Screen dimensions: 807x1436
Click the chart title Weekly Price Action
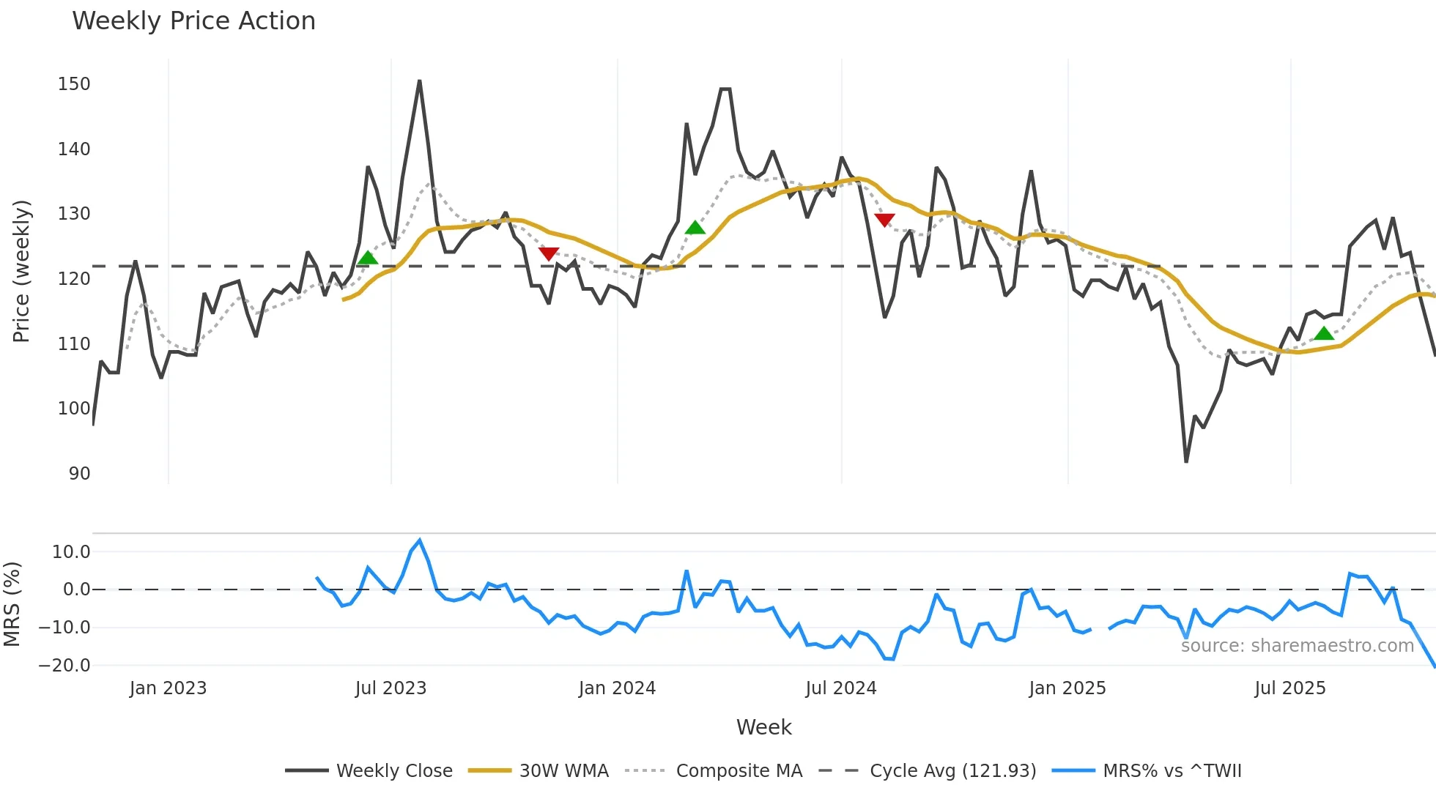(193, 21)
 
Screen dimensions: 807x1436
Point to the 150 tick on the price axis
(74, 84)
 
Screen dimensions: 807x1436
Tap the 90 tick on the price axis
(79, 474)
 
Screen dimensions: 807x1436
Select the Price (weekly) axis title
(21, 271)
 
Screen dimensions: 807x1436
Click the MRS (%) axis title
(12, 604)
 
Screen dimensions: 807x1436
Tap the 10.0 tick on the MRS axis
(71, 552)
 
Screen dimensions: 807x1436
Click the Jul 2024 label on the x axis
(840, 688)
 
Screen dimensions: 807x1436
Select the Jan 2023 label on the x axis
(168, 688)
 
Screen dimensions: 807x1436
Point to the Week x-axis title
(763, 727)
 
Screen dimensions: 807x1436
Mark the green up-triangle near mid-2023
(368, 258)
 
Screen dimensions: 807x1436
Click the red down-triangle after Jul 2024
(884, 220)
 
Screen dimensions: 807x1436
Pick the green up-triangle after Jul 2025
(1324, 334)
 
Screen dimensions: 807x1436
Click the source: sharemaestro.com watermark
(1297, 646)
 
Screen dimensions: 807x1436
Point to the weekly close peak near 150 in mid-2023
(419, 81)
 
